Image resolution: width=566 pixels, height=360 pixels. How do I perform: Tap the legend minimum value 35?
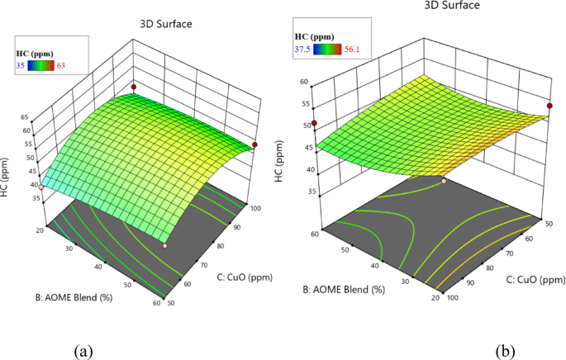click(x=20, y=67)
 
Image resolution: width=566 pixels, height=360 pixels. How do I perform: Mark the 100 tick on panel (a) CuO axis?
click(x=254, y=208)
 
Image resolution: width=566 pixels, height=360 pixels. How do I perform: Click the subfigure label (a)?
click(x=83, y=351)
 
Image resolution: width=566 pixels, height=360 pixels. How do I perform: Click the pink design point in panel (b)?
click(x=445, y=181)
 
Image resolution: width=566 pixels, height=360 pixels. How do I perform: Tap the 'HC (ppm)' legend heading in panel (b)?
click(x=313, y=36)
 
